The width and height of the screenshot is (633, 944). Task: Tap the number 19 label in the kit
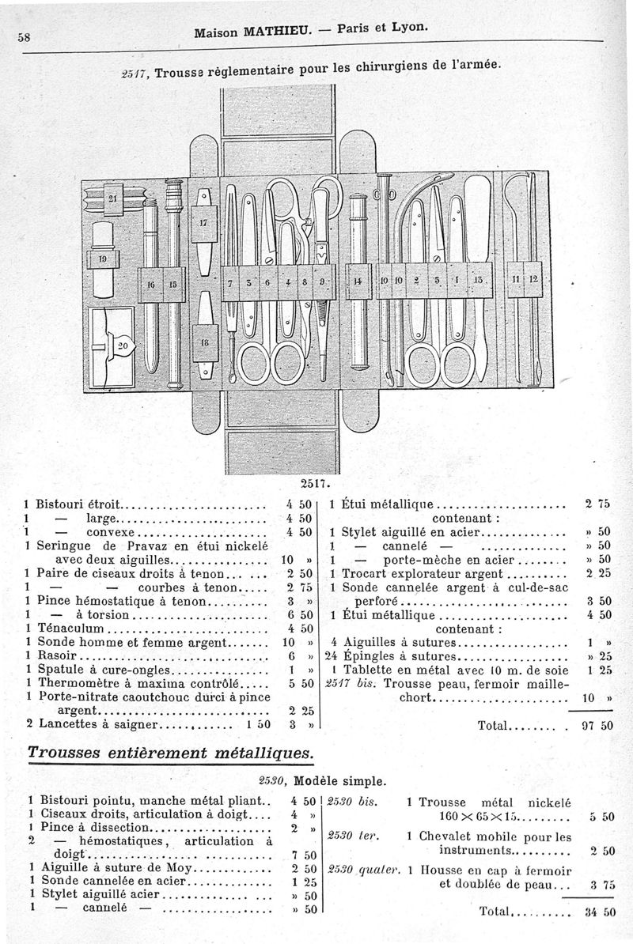point(102,259)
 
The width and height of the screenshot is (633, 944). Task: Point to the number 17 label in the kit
point(203,222)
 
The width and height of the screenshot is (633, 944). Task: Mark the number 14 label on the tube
point(357,281)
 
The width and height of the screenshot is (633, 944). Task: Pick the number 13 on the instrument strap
point(478,280)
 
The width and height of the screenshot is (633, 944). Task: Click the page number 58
point(24,37)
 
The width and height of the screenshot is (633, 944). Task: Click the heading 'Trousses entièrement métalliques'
point(171,753)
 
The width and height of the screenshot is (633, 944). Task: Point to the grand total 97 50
point(597,726)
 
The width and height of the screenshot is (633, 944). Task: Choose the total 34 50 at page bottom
point(599,912)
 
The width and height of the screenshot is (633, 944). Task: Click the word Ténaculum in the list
point(70,628)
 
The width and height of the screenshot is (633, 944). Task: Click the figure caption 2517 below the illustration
point(313,483)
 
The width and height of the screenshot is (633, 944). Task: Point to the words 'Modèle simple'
point(339,782)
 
